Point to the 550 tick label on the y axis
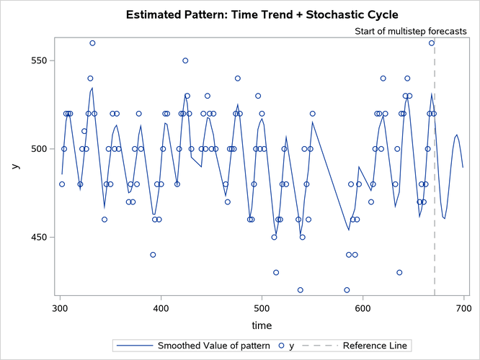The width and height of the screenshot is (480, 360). [x=37, y=60]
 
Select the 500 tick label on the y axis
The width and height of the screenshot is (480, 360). [x=37, y=149]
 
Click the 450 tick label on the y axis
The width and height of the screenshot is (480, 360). [x=37, y=238]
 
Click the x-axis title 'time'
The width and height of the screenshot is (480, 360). [x=262, y=325]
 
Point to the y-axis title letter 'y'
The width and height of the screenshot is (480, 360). [x=14, y=166]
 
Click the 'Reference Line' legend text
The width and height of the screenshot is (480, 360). [x=375, y=346]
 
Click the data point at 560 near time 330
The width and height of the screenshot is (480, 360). [x=92, y=43]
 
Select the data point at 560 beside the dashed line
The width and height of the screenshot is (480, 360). [x=432, y=43]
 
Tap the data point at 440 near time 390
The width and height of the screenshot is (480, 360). [x=153, y=255]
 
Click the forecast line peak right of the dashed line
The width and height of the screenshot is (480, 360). [x=457, y=135]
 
